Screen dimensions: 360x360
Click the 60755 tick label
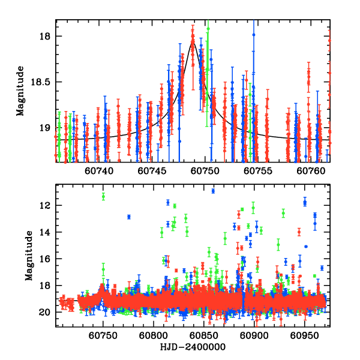click(260, 171)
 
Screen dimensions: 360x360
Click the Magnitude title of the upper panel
click(21, 91)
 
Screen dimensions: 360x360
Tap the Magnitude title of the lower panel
click(29, 256)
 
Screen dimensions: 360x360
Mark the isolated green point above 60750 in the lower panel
click(103, 196)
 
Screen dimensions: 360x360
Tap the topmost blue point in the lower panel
click(213, 191)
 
